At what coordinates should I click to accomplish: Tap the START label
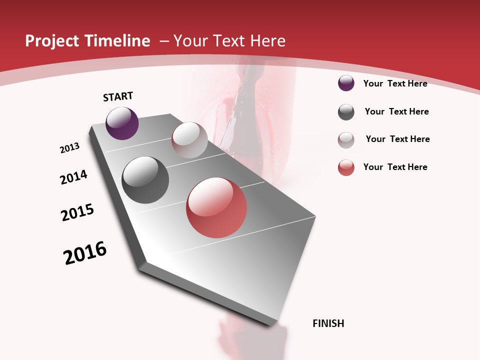pos(118,96)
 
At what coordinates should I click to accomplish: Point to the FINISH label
pos(328,323)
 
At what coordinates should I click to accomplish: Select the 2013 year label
pos(69,148)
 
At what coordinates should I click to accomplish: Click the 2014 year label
pos(73,177)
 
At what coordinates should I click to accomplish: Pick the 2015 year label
pos(77,212)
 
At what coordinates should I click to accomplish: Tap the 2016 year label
pos(85,253)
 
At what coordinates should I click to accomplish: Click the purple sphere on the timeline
pos(122,123)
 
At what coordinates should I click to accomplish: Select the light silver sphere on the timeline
pos(189,140)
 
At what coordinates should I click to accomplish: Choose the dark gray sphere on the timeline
pos(145,180)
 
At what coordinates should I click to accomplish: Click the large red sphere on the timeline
pos(216,207)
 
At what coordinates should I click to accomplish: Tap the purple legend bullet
pos(346,83)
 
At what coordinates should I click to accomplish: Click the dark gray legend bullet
pos(346,112)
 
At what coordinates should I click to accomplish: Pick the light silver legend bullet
pos(346,140)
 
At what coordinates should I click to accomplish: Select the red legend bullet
pos(346,167)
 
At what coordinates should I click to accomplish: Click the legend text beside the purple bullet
pos(395,83)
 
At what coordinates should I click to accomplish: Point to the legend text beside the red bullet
pos(395,167)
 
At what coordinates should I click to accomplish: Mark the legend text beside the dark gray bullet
pos(396,111)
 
